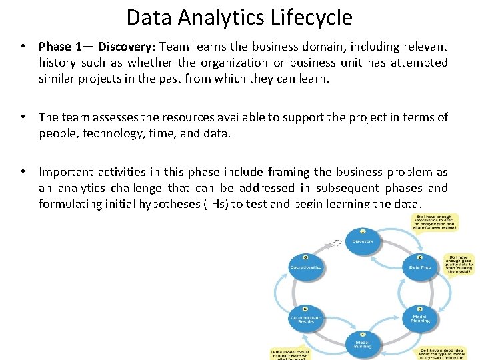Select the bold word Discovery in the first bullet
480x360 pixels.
point(125,47)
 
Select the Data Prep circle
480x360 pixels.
point(419,265)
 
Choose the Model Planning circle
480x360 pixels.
point(419,316)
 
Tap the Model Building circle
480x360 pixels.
point(362,342)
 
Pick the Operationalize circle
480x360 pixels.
point(305,265)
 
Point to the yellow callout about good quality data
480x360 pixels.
point(459,264)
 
